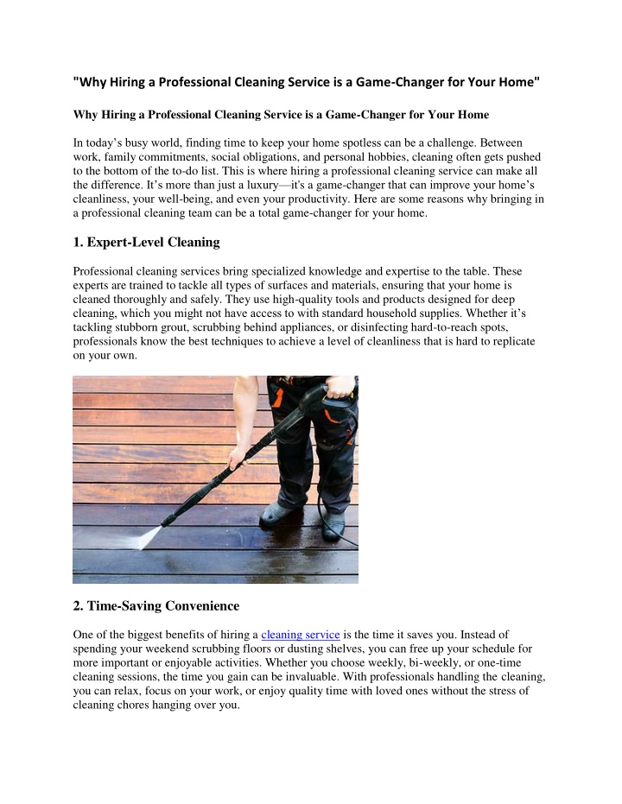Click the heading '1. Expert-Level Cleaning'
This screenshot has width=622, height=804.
coord(146,242)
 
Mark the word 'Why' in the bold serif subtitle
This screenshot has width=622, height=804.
coord(86,115)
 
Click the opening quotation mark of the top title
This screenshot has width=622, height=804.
coord(76,84)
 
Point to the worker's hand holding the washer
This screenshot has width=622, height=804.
coord(340,384)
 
